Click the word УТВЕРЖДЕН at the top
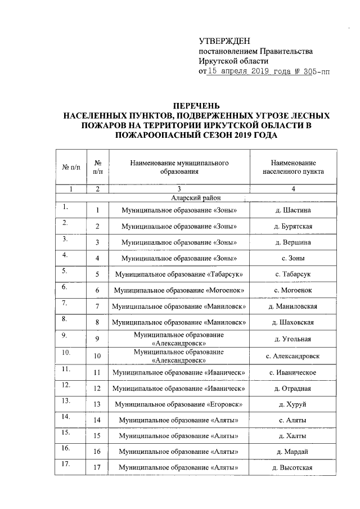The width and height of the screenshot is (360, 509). [x=224, y=40]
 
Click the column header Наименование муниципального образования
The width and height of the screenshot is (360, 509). [x=179, y=167]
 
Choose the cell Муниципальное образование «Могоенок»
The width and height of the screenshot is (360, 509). [x=179, y=290]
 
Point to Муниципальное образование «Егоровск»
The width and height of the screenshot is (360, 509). [x=179, y=404]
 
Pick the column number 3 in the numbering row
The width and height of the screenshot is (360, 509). [x=179, y=189]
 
